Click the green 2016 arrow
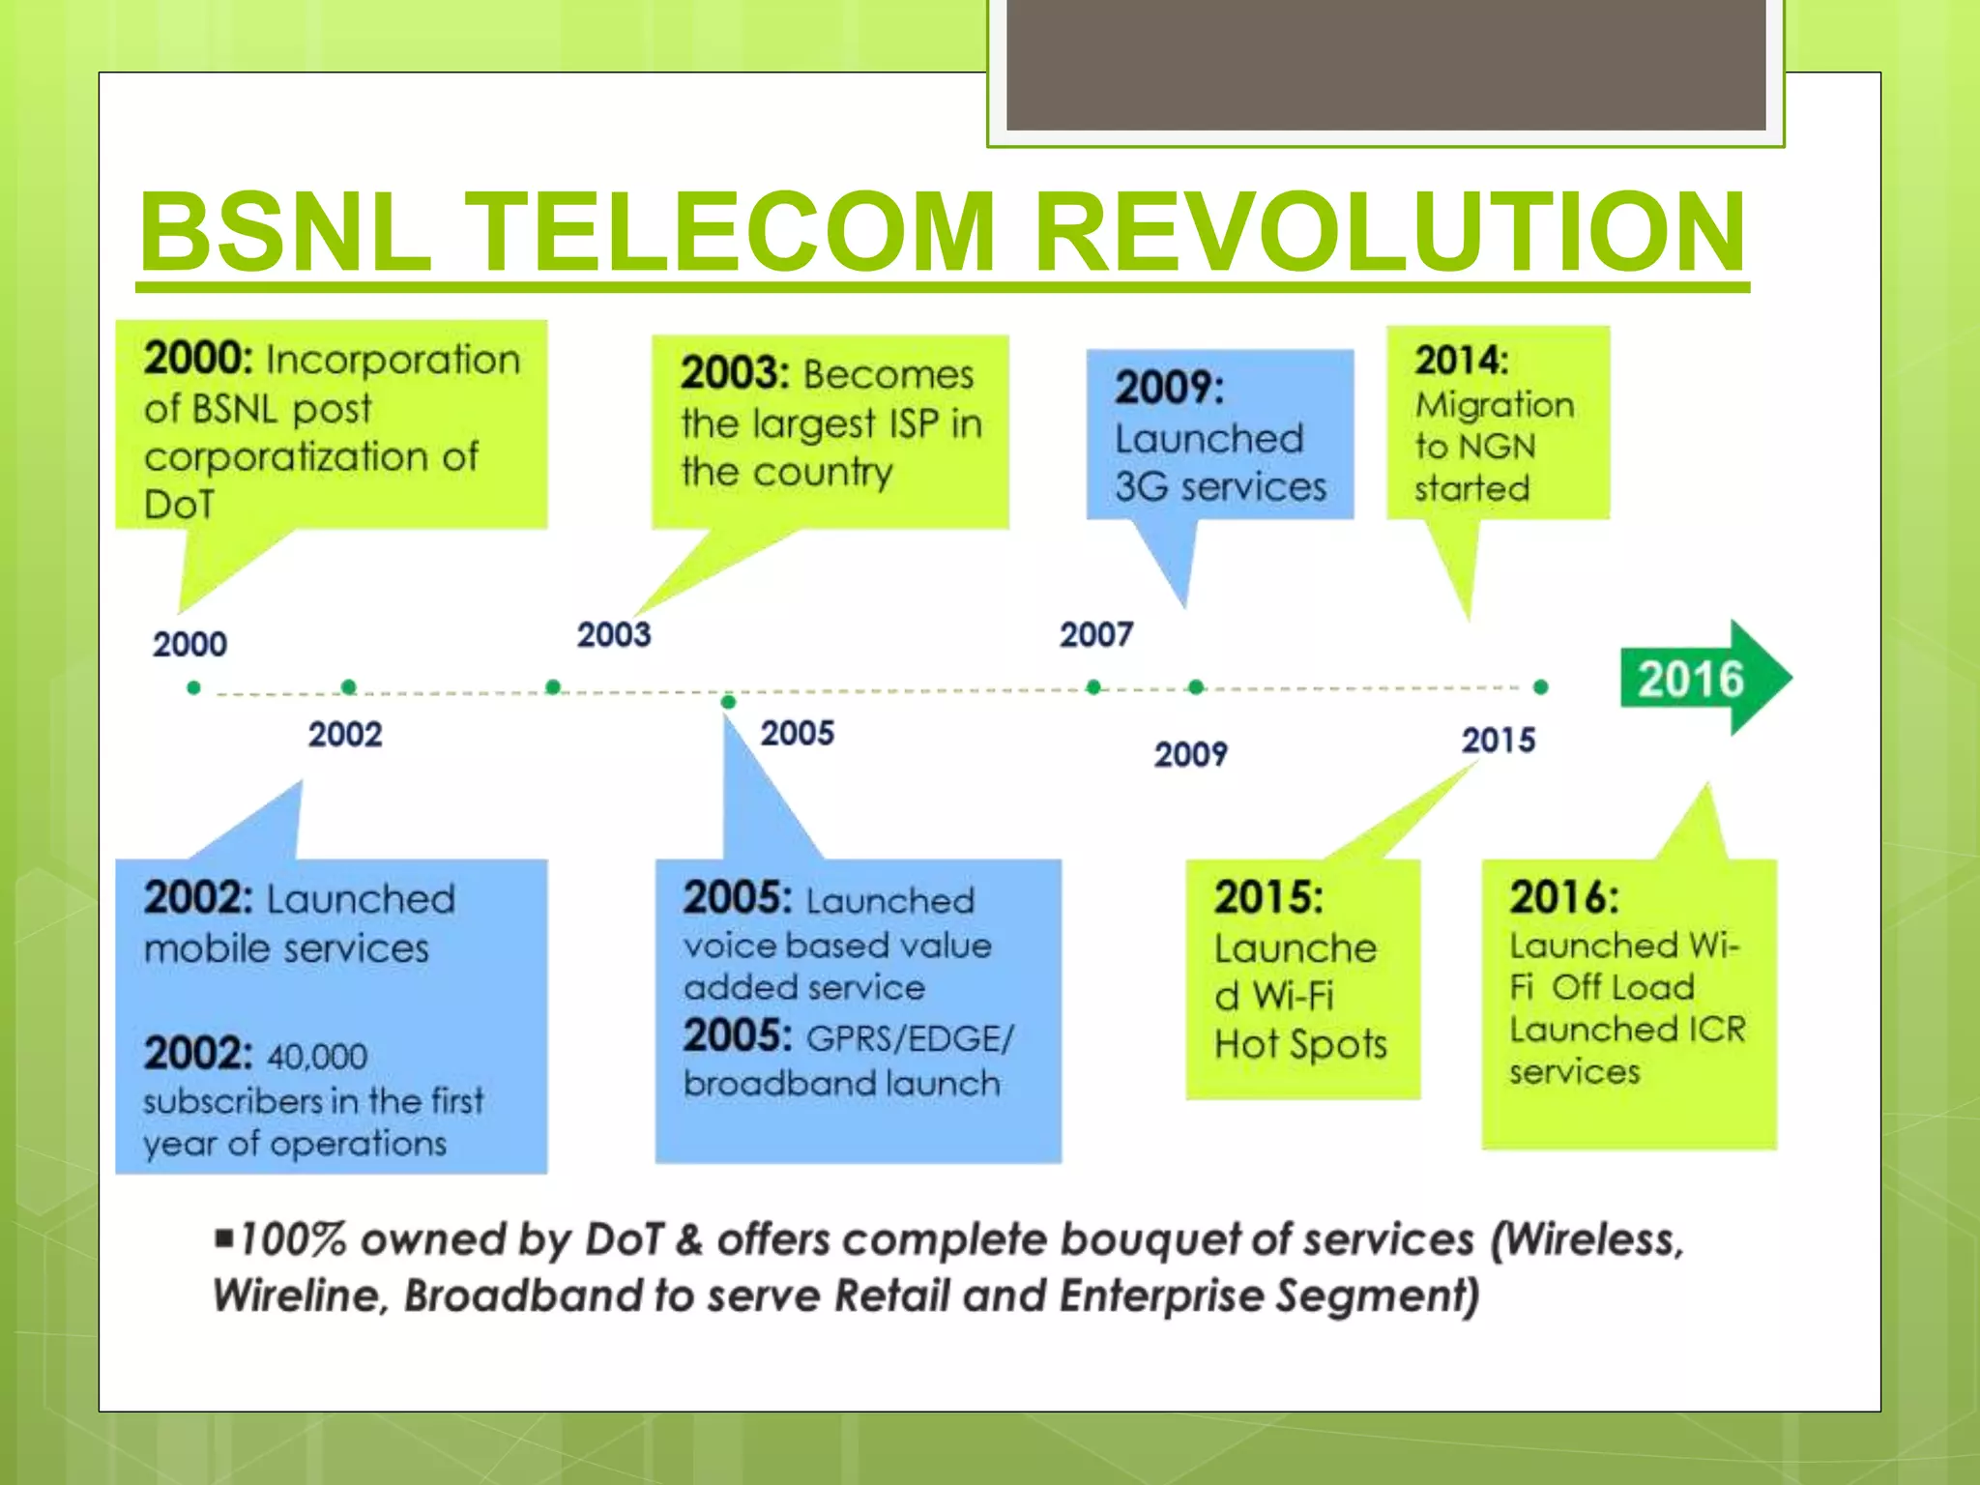pyautogui.click(x=1702, y=679)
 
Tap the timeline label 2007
pyautogui.click(x=1095, y=635)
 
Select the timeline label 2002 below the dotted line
pyautogui.click(x=345, y=735)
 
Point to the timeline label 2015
pyautogui.click(x=1498, y=741)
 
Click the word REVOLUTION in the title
pyautogui.click(x=1389, y=232)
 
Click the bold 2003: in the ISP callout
pyautogui.click(x=735, y=373)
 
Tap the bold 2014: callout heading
pyautogui.click(x=1461, y=361)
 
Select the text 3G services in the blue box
pyautogui.click(x=1220, y=486)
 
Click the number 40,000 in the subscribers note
pyautogui.click(x=317, y=1056)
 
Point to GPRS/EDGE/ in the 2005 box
pyautogui.click(x=910, y=1038)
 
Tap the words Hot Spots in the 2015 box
pyautogui.click(x=1300, y=1044)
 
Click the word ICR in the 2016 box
pyautogui.click(x=1717, y=1029)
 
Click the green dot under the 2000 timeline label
pyautogui.click(x=194, y=687)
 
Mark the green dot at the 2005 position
pyautogui.click(x=728, y=701)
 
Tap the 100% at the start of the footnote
pyautogui.click(x=292, y=1239)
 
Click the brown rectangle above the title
pyautogui.click(x=1385, y=64)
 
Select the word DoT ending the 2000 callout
pyautogui.click(x=178, y=505)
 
